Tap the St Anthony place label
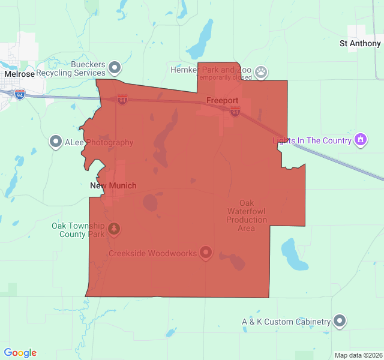pyautogui.click(x=360, y=44)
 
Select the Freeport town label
pyautogui.click(x=222, y=100)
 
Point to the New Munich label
pyautogui.click(x=113, y=186)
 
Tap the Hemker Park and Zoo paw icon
pyautogui.click(x=260, y=73)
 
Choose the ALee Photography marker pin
pyautogui.click(x=56, y=142)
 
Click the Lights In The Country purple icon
pyautogui.click(x=360, y=140)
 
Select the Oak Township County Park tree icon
pyautogui.click(x=115, y=229)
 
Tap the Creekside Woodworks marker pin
pyautogui.click(x=206, y=253)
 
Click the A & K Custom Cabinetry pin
pyautogui.click(x=340, y=322)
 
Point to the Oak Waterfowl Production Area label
pyautogui.click(x=247, y=215)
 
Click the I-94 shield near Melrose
pyautogui.click(x=20, y=95)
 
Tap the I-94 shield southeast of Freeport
pyautogui.click(x=235, y=112)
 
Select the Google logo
pyautogui.click(x=20, y=353)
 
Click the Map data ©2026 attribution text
pyautogui.click(x=358, y=355)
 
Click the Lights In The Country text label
pyautogui.click(x=312, y=141)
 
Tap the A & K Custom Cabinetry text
pyautogui.click(x=286, y=322)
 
